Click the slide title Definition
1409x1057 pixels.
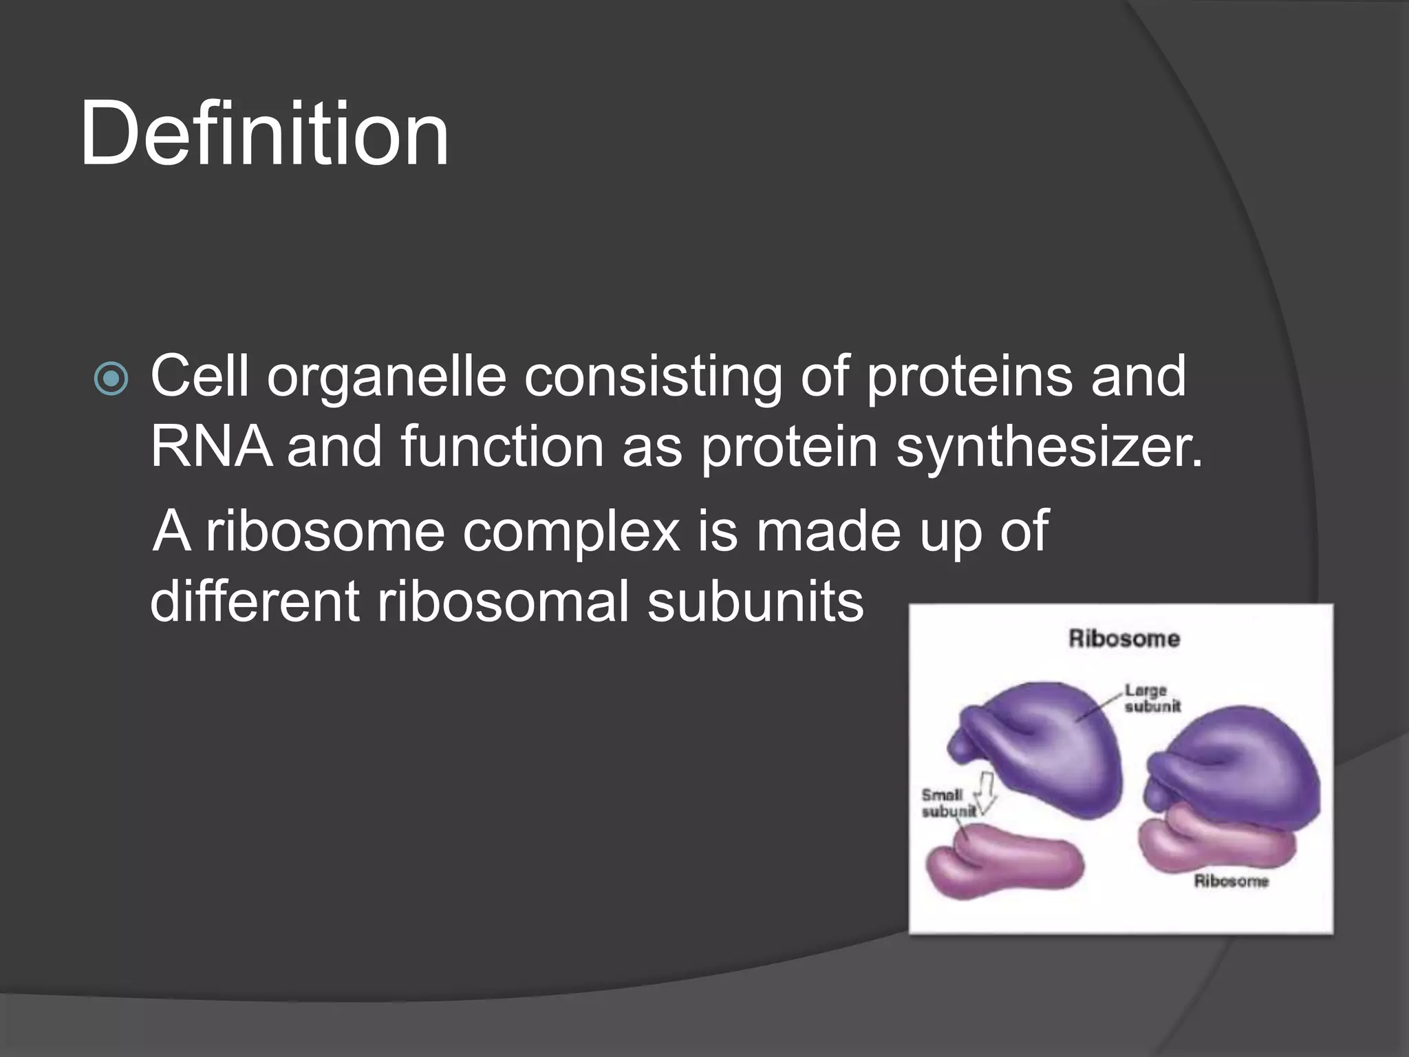coord(265,134)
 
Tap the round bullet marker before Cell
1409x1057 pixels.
coord(111,379)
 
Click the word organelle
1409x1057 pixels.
coord(387,377)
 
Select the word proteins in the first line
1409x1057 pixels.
coord(969,377)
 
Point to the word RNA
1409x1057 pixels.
coord(211,447)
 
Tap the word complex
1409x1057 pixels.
coord(571,531)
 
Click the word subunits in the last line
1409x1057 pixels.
coord(755,601)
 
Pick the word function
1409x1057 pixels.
coord(502,447)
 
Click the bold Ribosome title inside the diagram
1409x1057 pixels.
coord(1123,639)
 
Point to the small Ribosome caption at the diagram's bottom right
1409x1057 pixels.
coord(1230,881)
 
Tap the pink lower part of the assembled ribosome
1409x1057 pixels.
coord(1218,843)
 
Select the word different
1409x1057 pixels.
coord(255,601)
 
